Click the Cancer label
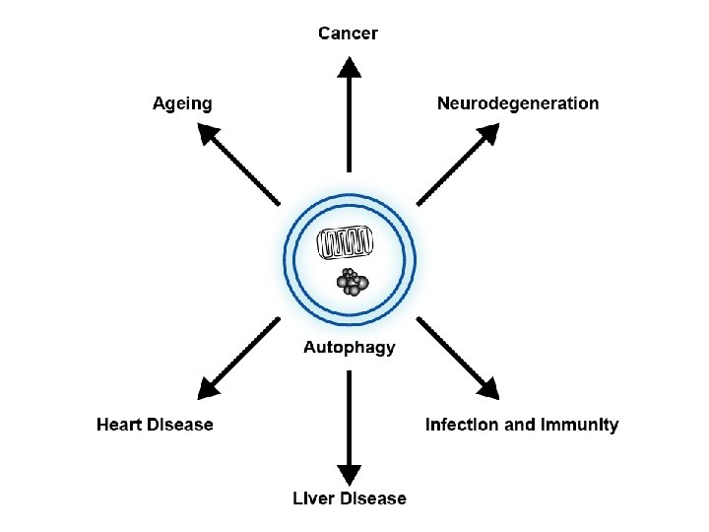pyautogui.click(x=348, y=33)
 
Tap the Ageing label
pyautogui.click(x=182, y=103)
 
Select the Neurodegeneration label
pyautogui.click(x=518, y=103)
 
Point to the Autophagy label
pyautogui.click(x=350, y=347)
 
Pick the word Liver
pyautogui.click(x=313, y=499)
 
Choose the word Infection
pyautogui.click(x=462, y=425)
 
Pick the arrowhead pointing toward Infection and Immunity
pyautogui.click(x=489, y=387)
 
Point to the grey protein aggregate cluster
pyautogui.click(x=352, y=281)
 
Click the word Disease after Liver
pyautogui.click(x=373, y=499)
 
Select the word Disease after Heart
pyautogui.click(x=179, y=425)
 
